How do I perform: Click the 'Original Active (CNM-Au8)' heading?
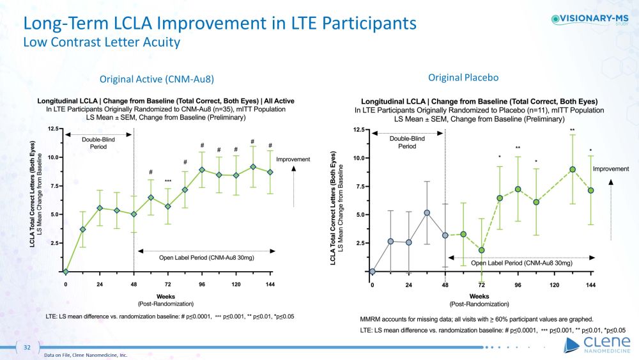(x=156, y=79)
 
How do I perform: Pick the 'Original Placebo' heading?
(x=463, y=77)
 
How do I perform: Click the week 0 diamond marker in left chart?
(x=66, y=271)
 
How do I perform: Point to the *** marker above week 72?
(x=168, y=181)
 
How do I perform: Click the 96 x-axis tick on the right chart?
(x=518, y=285)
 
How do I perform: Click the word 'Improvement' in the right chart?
(x=612, y=169)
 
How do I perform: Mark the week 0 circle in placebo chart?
(x=373, y=271)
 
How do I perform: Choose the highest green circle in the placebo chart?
(x=573, y=169)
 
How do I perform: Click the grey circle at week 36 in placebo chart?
(x=427, y=213)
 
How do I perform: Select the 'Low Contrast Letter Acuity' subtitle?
(x=102, y=43)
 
